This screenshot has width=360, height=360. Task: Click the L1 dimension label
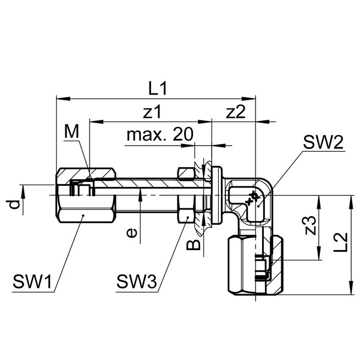tap(158, 88)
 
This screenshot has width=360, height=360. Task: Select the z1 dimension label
tap(152, 112)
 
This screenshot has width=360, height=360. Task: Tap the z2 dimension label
tap(235, 112)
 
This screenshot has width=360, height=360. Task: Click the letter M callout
tap(71, 132)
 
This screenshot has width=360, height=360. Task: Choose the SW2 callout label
tap(323, 144)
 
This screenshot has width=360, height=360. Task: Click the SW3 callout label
tap(136, 284)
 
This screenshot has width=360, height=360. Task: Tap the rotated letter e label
tap(131, 233)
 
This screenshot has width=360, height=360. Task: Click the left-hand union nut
tap(85, 195)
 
